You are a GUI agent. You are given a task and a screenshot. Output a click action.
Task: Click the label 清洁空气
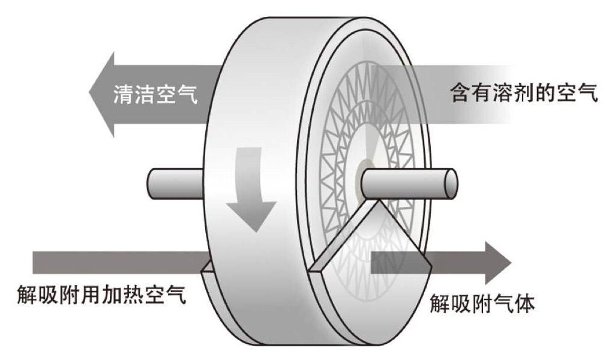155,94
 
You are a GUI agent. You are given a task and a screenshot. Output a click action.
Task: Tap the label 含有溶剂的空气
524,94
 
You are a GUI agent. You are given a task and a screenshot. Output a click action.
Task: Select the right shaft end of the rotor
447,181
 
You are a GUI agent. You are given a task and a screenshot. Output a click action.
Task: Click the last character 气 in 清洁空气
187,94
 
